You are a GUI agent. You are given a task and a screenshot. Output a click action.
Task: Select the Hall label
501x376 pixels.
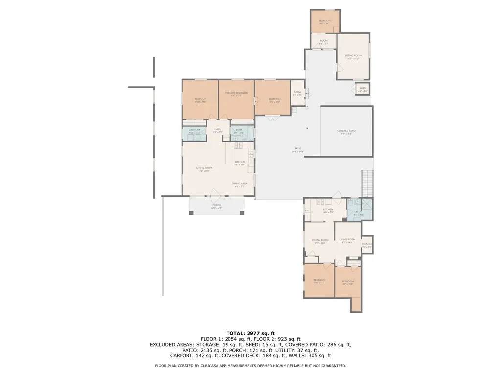pyautogui.click(x=218, y=130)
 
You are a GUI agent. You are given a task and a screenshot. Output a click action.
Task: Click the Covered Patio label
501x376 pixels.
pyautogui.click(x=346, y=132)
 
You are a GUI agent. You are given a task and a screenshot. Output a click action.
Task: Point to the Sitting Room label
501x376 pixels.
pyautogui.click(x=353, y=57)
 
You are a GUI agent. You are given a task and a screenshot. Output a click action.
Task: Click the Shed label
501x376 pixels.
pyautogui.click(x=363, y=89)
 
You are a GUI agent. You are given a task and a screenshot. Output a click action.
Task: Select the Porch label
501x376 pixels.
pyautogui.click(x=216, y=206)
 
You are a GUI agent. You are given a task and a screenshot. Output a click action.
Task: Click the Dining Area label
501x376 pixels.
pyautogui.click(x=240, y=184)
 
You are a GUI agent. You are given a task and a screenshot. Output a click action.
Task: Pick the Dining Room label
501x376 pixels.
pyautogui.click(x=320, y=241)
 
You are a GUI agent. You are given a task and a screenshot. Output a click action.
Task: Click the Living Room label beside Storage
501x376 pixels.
pyautogui.click(x=347, y=241)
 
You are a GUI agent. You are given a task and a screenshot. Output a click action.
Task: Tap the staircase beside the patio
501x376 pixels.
pyautogui.click(x=367, y=183)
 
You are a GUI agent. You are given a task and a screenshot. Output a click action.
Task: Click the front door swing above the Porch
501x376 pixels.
pyautogui.click(x=214, y=193)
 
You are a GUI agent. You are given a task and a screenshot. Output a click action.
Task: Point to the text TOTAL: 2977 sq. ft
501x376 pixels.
pyautogui.click(x=250, y=333)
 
